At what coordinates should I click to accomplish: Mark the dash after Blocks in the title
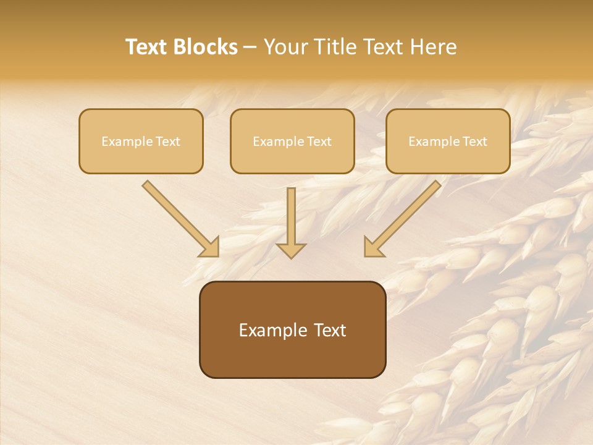pos(250,48)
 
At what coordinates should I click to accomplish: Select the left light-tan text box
pos(141,141)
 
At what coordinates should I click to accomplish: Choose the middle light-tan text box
pos(292,141)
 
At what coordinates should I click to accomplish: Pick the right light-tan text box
pos(448,141)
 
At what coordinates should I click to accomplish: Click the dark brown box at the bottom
pos(292,329)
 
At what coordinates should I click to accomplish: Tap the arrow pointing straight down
pos(291,222)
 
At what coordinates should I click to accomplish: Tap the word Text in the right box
pos(474,142)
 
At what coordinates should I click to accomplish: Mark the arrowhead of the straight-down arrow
pos(291,250)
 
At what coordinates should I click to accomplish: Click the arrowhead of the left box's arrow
pos(210,247)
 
